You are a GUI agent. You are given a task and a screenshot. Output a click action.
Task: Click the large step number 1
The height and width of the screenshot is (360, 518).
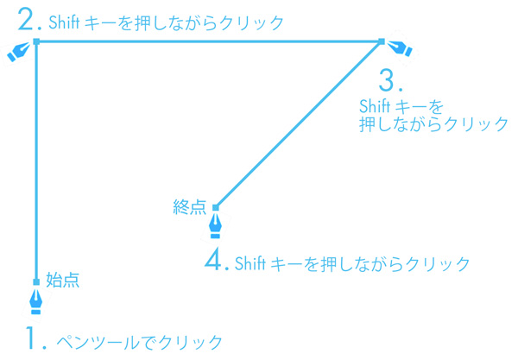coord(35,339)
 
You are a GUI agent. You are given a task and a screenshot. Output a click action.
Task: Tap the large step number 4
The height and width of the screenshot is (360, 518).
coord(216,260)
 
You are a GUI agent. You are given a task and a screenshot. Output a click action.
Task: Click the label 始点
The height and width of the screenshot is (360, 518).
coord(62,280)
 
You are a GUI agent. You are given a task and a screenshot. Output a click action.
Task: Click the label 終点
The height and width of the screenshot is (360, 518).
coord(190,206)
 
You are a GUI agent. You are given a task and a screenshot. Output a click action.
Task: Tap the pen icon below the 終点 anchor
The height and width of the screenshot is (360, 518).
coord(216,226)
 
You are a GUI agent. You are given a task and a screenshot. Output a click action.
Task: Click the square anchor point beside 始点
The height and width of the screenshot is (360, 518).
coord(36,282)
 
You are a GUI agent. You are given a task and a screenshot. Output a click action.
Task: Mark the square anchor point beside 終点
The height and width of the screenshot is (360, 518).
coord(216,207)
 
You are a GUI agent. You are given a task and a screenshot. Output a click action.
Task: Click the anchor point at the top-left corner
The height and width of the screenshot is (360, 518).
coord(36,41)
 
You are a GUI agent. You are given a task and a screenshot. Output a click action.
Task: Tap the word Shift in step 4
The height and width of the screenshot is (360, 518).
coord(251,263)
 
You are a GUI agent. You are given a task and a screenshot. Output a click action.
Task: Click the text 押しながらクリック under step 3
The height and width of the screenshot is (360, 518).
coord(433,124)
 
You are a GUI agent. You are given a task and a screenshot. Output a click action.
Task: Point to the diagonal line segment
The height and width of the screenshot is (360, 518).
coord(298,123)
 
